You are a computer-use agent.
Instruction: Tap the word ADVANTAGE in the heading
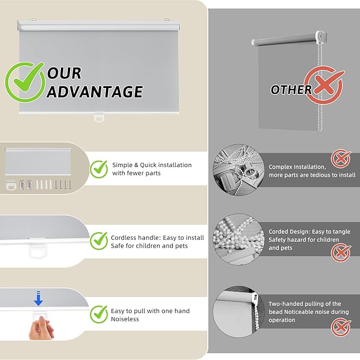94,92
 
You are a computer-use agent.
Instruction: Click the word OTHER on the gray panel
291,90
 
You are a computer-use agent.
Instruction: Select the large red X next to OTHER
324,85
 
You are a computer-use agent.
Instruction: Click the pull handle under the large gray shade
99,117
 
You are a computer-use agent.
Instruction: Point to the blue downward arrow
38,298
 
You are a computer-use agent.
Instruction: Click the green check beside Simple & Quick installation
99,169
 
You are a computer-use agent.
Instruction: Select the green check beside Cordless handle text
99,241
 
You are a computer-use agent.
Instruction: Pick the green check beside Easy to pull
99,314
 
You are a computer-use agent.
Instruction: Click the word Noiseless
125,319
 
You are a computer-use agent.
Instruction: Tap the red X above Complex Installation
341,158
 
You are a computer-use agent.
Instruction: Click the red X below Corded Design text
341,253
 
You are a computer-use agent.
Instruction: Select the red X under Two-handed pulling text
341,327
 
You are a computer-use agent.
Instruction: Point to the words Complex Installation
297,167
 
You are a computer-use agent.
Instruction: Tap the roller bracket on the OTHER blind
321,37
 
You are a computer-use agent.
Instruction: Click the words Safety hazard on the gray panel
287,240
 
